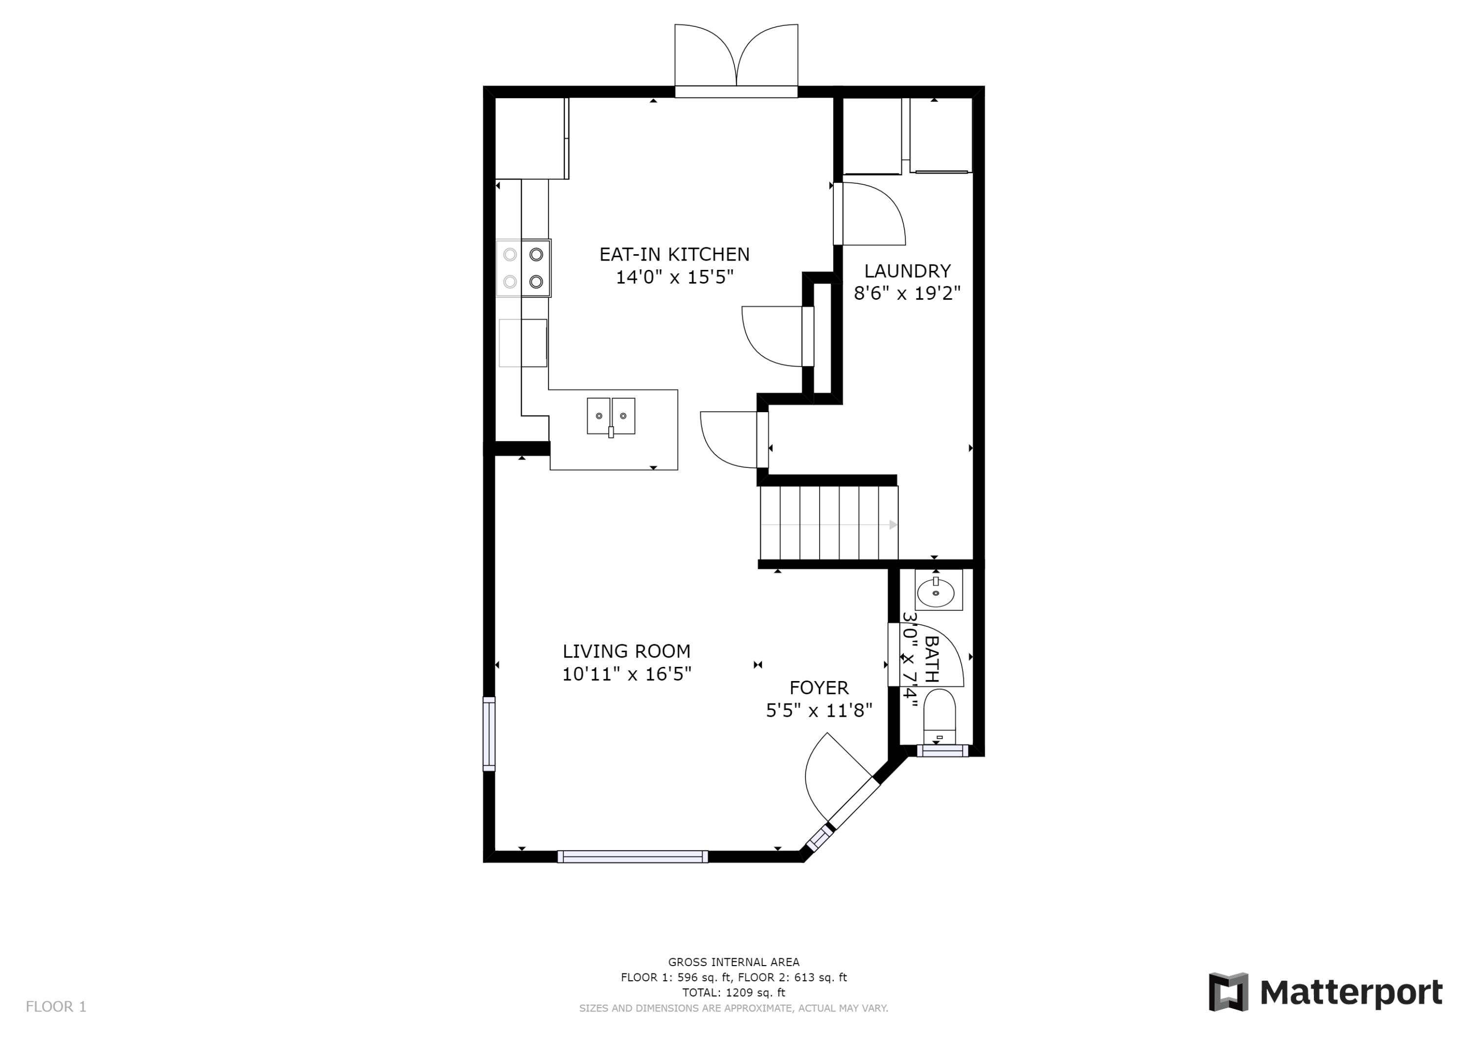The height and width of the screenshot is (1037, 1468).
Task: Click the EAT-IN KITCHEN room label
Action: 674,254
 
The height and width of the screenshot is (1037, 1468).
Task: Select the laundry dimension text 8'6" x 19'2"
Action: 907,293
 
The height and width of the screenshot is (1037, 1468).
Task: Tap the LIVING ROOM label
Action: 626,651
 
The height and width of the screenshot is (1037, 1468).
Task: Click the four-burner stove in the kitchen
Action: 523,268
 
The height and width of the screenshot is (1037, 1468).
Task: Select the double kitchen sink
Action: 611,416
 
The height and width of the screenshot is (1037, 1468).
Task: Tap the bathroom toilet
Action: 939,716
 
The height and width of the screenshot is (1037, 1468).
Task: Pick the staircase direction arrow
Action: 893,525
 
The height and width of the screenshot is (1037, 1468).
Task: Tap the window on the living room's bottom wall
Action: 632,856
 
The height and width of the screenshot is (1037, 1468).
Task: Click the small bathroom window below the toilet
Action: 942,751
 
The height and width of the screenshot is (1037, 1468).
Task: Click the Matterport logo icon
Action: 1228,993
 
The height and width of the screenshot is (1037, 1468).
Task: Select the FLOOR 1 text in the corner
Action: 56,1007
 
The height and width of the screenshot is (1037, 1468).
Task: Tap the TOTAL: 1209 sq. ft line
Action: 734,993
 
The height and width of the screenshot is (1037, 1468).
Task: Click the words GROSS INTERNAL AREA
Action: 734,962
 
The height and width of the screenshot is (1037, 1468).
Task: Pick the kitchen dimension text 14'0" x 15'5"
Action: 674,277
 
